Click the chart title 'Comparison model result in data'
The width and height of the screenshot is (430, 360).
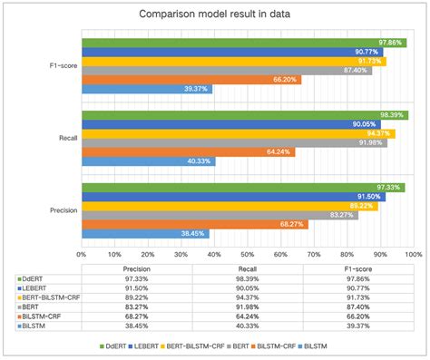click(214, 14)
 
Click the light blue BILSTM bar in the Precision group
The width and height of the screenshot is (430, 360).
click(145, 233)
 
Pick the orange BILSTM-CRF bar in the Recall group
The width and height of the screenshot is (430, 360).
click(188, 151)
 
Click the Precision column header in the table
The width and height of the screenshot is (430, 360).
click(136, 268)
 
